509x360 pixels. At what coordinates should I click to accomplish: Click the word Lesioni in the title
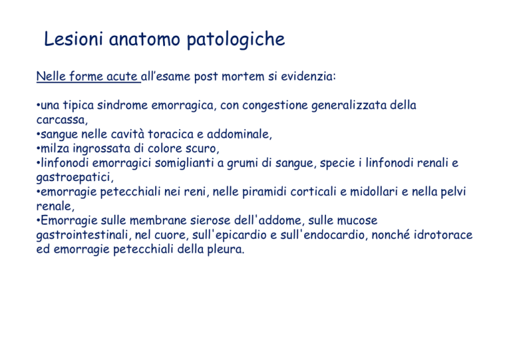coord(74,39)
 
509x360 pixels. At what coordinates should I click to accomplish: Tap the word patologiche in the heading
coord(236,40)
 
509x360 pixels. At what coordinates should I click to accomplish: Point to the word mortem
coord(243,77)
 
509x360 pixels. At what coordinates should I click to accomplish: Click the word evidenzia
coord(306,76)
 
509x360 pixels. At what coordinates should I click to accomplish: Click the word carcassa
coord(61,120)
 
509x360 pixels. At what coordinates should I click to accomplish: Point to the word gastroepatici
coord(74,178)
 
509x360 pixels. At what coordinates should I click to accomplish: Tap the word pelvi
coord(453,192)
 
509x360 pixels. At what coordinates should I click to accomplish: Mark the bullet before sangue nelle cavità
coord(38,134)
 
